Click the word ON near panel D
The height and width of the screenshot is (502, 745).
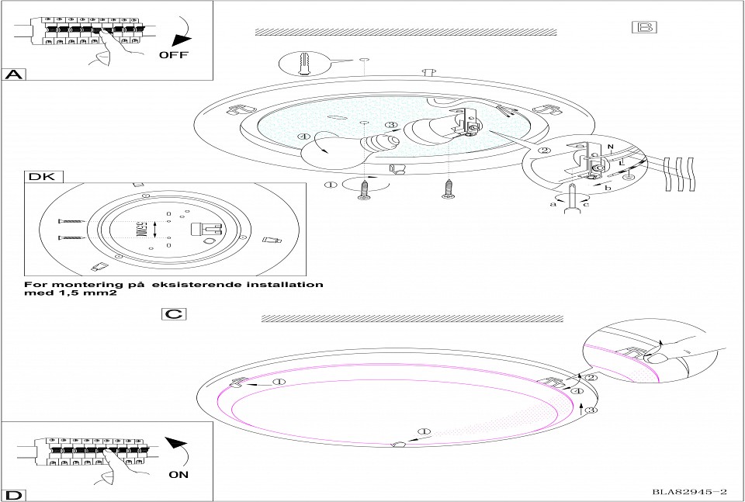[178, 473]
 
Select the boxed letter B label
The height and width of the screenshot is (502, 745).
[645, 26]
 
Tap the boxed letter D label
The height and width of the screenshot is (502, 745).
[12, 494]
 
